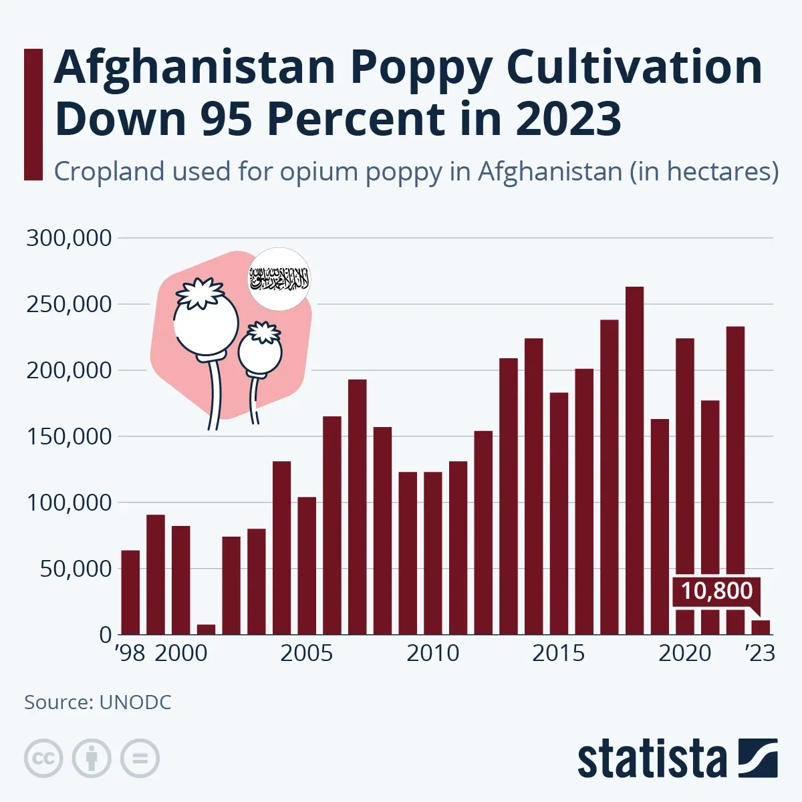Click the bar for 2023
(761, 628)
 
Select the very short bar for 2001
(206, 630)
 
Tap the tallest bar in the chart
(634, 460)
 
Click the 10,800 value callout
(716, 591)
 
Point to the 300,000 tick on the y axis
(69, 238)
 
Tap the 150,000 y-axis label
(69, 436)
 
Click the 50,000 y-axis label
(75, 569)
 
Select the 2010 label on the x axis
(432, 653)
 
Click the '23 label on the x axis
(761, 653)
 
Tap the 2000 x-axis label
(181, 653)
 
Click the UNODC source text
(136, 702)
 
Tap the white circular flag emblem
(280, 279)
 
